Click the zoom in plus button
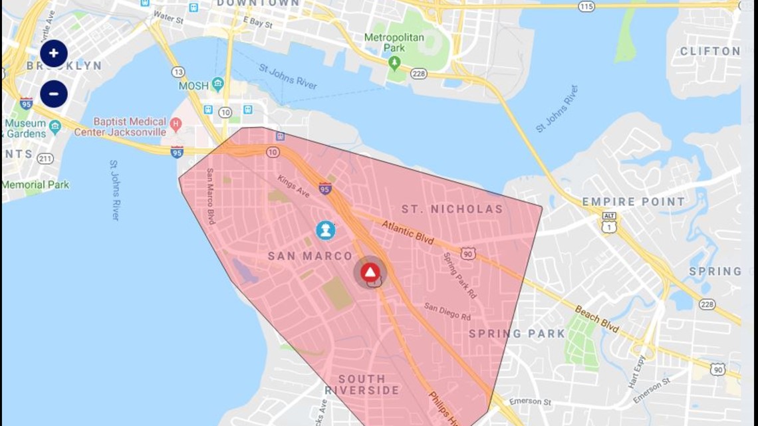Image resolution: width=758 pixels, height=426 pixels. (54, 53)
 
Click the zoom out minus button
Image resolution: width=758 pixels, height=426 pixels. (54, 94)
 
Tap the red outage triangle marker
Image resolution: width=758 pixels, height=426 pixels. (370, 272)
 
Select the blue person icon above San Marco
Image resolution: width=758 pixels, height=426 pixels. (325, 231)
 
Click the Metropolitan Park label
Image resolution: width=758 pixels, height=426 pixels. (394, 43)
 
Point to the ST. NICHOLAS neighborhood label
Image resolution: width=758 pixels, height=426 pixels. (452, 209)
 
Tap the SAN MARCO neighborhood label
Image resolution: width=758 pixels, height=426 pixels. (310, 256)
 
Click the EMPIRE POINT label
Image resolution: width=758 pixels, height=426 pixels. (633, 202)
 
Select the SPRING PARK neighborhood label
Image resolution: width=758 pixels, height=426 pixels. (517, 334)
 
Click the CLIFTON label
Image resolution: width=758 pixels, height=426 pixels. (709, 51)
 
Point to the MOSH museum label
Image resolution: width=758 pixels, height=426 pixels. (193, 86)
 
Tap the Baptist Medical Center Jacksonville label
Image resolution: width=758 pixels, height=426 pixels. (120, 126)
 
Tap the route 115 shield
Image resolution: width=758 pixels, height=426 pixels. (586, 6)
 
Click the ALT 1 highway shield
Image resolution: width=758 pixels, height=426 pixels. (608, 223)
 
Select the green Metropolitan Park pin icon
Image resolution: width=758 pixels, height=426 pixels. (394, 62)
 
